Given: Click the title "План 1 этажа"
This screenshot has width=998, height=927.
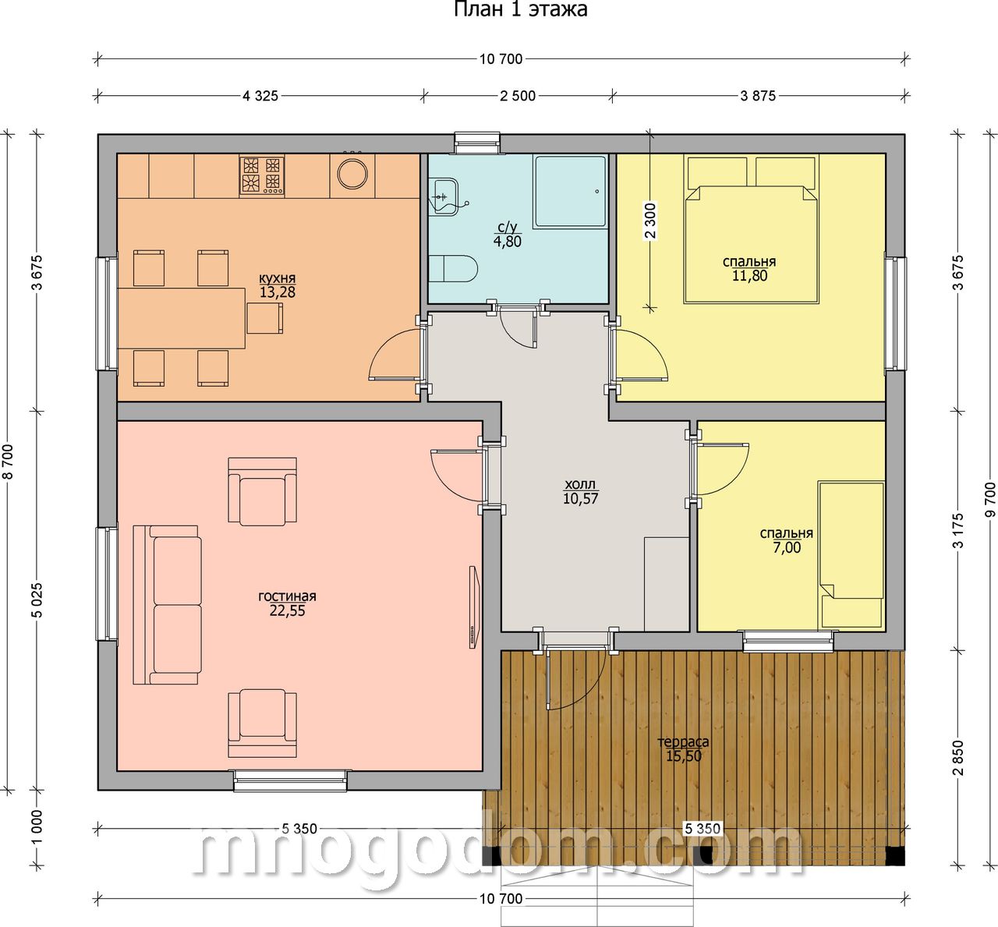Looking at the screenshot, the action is click(521, 9).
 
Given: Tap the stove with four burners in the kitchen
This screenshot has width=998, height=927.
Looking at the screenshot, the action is click(261, 175).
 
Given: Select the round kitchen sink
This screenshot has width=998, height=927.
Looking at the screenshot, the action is click(352, 174).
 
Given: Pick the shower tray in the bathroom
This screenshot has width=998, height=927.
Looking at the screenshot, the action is click(571, 192).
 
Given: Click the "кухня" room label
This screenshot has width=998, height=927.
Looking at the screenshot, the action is click(277, 278).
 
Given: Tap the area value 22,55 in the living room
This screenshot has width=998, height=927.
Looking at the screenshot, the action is click(288, 610).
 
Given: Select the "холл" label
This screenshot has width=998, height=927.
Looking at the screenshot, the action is click(580, 485).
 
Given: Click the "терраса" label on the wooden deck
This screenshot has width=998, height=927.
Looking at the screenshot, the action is click(684, 741).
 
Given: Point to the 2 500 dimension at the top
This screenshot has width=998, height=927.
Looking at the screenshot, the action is click(518, 96).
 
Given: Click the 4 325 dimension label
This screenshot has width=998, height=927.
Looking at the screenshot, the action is click(260, 96).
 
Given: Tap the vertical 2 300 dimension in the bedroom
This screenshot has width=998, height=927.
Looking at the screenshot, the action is click(650, 221).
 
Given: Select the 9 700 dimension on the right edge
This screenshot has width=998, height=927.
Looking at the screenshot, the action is click(990, 499).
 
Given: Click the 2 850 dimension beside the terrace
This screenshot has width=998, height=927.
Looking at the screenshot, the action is click(959, 759).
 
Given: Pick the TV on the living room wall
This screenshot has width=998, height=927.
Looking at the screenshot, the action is click(473, 607).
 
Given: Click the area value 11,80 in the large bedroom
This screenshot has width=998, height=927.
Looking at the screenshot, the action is click(749, 275).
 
